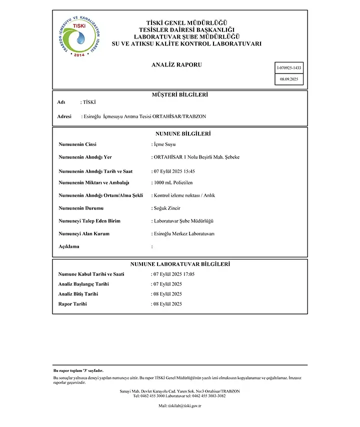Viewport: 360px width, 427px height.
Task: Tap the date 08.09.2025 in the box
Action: [289, 79]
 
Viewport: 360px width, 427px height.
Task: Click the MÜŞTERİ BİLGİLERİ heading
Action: [179, 94]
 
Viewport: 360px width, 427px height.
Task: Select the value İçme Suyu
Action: [165, 144]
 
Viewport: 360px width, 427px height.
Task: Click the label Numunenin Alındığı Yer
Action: [85, 157]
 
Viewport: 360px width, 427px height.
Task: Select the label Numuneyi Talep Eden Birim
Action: [89, 220]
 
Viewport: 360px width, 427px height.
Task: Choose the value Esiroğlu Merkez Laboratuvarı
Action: [184, 233]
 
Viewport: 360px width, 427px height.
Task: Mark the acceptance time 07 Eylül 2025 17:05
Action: [174, 274]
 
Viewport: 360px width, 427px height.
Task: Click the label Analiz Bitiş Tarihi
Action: [78, 294]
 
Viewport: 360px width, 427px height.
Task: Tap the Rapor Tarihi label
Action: [72, 304]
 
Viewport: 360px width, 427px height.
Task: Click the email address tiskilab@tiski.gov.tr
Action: [179, 406]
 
